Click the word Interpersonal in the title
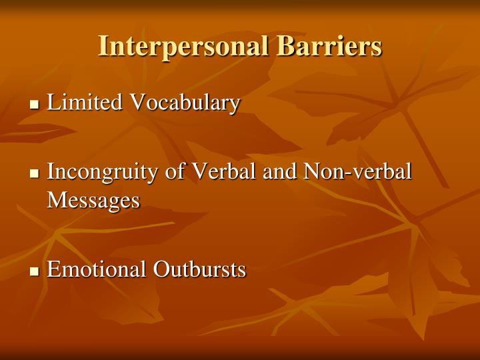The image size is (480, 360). pos(184,47)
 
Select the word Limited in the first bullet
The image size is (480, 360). pos(85,103)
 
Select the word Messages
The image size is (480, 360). pos(93,199)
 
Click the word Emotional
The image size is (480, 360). pos(97,269)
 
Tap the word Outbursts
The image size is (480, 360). pos(199,269)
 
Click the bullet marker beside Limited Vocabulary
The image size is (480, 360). pos(36,105)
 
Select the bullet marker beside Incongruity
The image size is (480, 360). pos(36,173)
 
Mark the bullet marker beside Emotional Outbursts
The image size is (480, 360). pos(36,271)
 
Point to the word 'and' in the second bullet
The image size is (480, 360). pos(280,171)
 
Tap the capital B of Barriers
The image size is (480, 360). pos(285,47)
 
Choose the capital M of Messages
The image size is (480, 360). pos(56,199)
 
